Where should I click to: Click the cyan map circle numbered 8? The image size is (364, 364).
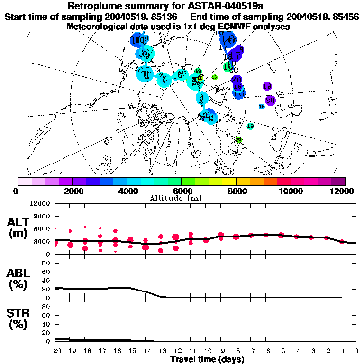point(145,74)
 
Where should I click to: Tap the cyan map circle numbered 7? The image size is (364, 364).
point(164,79)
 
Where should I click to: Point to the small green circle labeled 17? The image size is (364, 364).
point(214,77)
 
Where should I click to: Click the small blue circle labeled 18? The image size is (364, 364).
point(262,107)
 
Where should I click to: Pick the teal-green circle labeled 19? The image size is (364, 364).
point(250,126)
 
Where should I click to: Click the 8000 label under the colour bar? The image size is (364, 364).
point(236,191)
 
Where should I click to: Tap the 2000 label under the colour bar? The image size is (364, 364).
point(72,191)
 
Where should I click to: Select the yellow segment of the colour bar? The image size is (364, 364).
point(229,181)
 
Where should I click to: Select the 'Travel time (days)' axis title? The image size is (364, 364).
point(207,360)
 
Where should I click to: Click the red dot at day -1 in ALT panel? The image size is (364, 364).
point(342,242)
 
